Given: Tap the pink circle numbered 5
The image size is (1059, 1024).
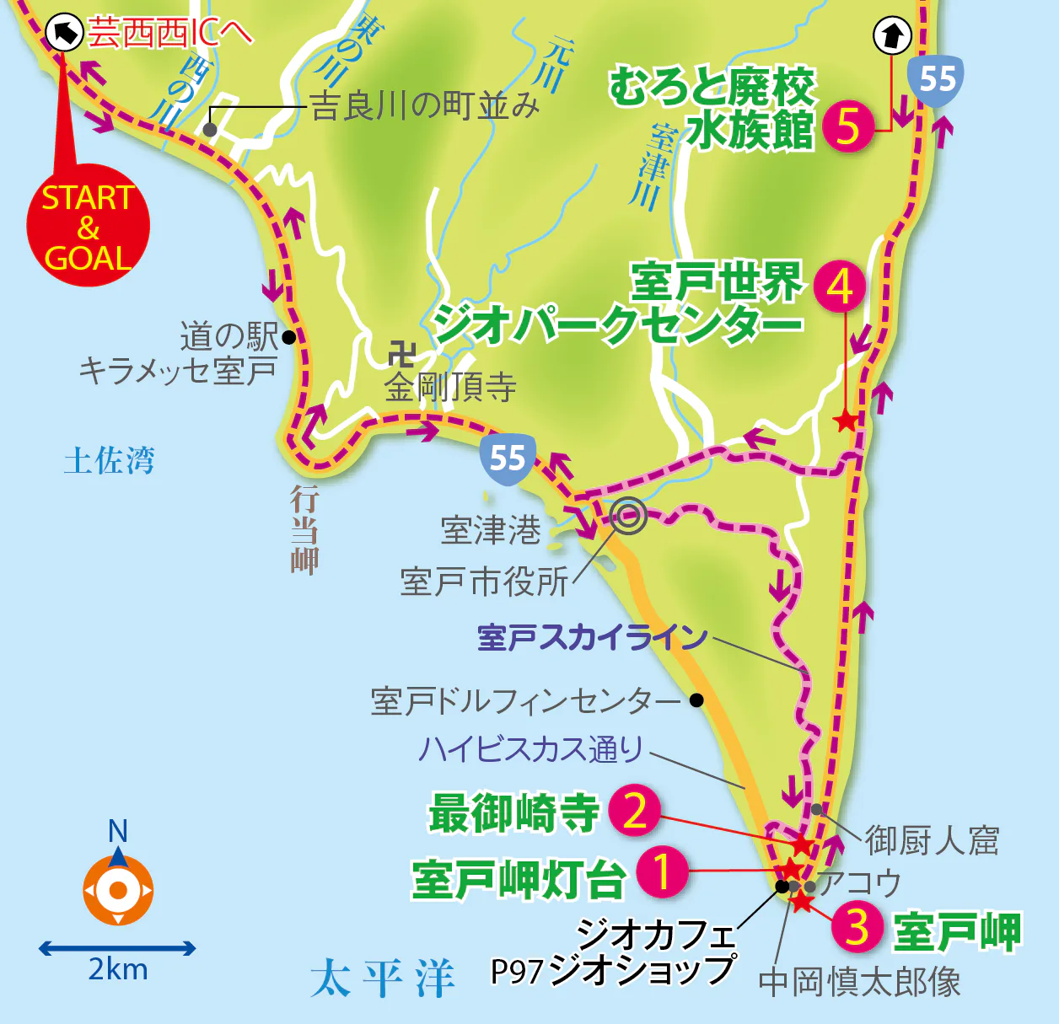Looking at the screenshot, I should (x=848, y=126).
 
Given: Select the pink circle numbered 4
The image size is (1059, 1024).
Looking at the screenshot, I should (x=840, y=287).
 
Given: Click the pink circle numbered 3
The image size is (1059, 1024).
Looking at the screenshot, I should (x=857, y=926).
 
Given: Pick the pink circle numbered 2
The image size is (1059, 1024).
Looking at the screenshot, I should (x=635, y=810).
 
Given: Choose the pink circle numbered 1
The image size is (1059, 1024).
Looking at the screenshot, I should (x=662, y=871).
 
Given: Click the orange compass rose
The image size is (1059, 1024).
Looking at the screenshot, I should (x=118, y=889).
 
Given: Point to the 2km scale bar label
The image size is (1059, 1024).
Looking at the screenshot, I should (x=118, y=970).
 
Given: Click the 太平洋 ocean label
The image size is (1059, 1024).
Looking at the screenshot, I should (x=383, y=978).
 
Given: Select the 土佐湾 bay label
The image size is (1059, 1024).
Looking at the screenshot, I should (x=110, y=461).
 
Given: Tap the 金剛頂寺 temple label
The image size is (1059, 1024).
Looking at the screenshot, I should (x=450, y=388).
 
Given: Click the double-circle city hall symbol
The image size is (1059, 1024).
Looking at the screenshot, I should (x=628, y=516).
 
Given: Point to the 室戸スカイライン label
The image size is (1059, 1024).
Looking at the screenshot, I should (x=592, y=637).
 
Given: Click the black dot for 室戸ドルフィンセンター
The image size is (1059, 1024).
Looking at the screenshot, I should (x=696, y=700).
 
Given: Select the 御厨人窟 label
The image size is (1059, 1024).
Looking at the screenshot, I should (x=932, y=840).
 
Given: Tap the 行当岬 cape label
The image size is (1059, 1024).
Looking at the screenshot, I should (x=304, y=531).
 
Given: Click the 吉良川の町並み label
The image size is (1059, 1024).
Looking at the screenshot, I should (x=425, y=106).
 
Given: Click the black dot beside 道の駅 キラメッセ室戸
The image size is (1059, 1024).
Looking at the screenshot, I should (x=289, y=337).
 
